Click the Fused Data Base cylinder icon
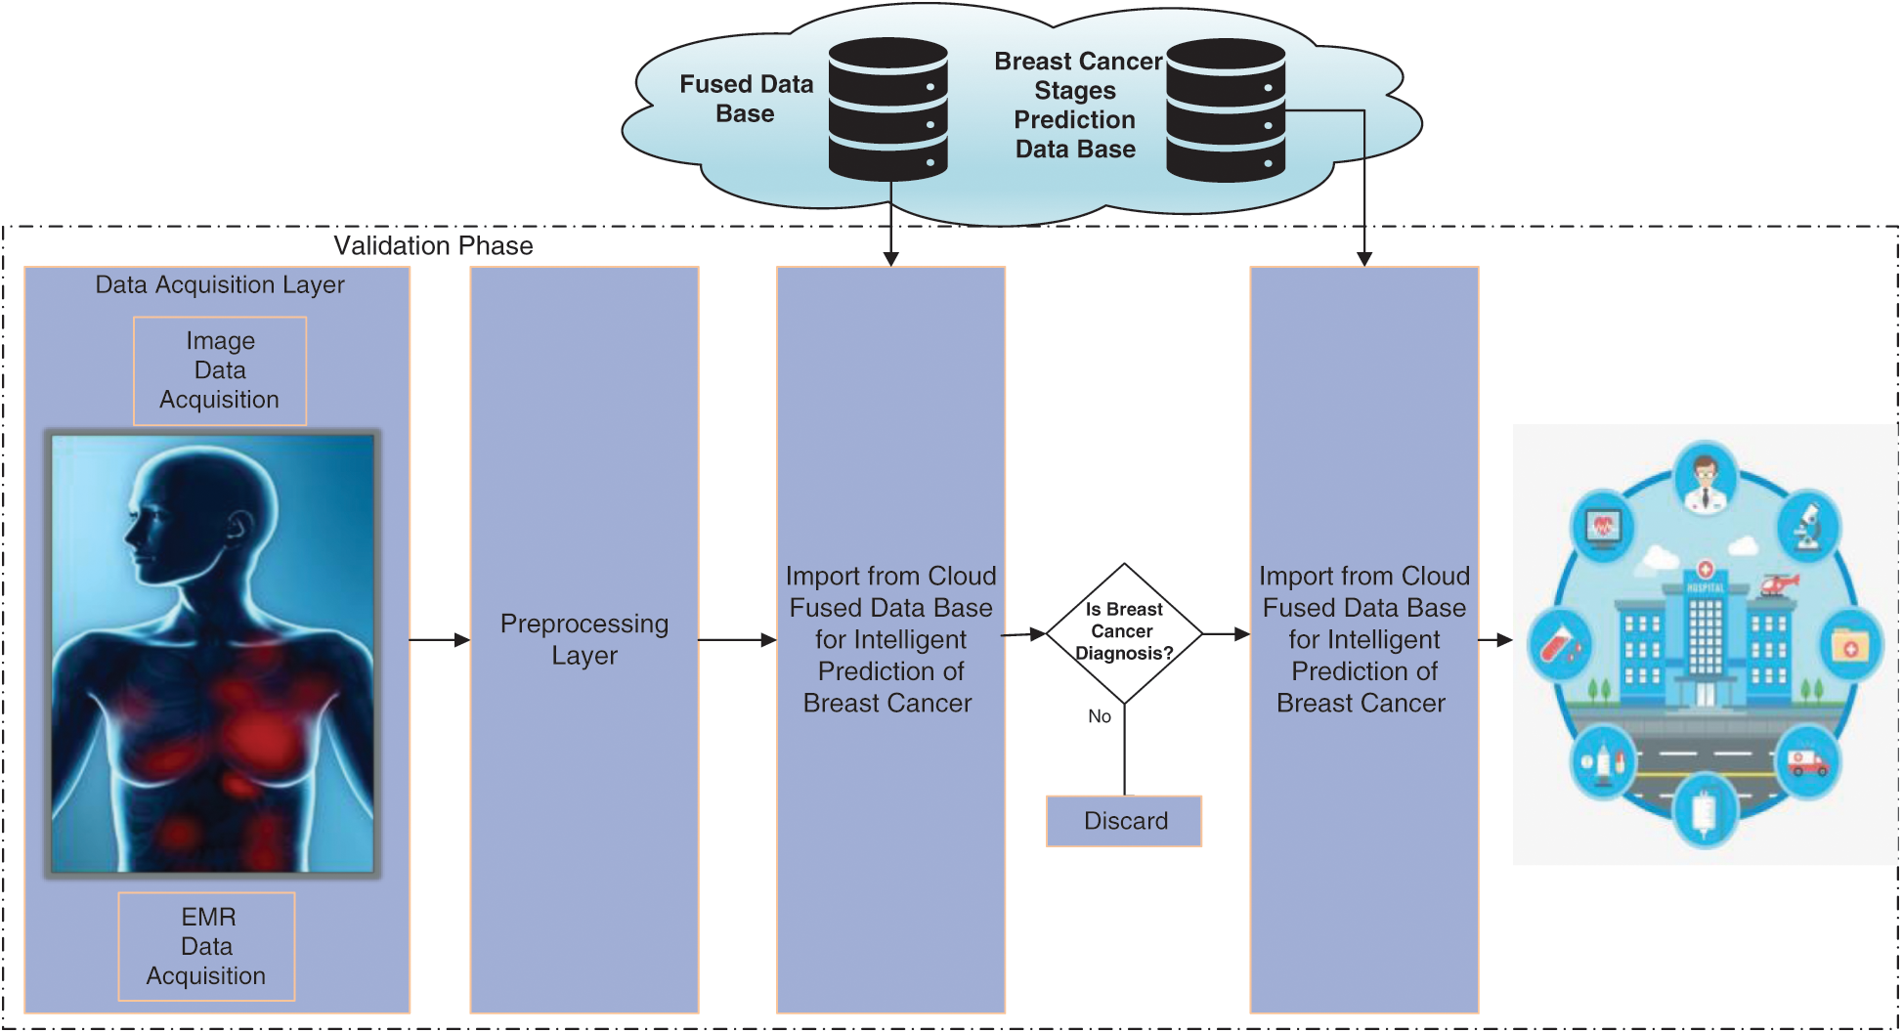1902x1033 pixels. point(887,108)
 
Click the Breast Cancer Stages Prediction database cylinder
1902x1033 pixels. point(1226,109)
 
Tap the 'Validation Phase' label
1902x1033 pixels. point(433,245)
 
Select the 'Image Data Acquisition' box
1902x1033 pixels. point(220,370)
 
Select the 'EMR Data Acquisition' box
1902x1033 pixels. point(206,946)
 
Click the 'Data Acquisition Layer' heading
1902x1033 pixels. point(220,284)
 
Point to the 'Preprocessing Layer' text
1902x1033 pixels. point(584,639)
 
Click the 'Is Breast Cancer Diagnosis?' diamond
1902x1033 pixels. point(1124,632)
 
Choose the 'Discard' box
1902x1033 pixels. point(1124,821)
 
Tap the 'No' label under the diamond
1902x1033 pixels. point(1100,716)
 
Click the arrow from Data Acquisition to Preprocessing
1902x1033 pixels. point(439,640)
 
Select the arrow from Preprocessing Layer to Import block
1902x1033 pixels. point(737,640)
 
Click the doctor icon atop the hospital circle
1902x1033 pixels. point(1706,480)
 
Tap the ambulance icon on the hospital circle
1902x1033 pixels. point(1807,760)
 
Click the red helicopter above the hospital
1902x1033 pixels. point(1779,584)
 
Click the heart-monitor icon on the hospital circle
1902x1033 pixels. point(1603,528)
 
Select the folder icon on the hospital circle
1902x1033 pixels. point(1849,645)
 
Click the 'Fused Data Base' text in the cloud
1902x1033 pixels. point(746,99)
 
